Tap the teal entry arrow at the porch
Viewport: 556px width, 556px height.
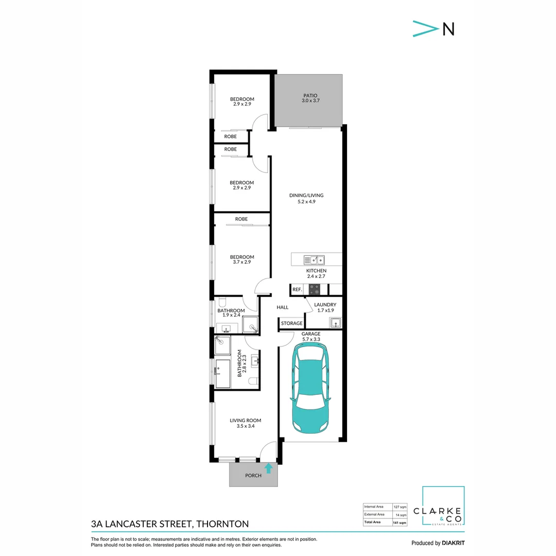pos(268,468)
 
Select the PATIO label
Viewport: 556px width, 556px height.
pos(310,95)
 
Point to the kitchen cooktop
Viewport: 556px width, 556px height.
pos(315,289)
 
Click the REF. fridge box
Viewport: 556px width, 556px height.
pos(297,290)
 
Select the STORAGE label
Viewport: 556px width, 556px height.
pos(292,323)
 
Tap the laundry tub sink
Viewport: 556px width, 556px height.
pos(335,323)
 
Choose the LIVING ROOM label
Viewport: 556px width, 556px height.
pos(245,421)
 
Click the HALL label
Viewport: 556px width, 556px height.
pos(282,307)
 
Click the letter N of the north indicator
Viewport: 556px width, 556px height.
pos(448,29)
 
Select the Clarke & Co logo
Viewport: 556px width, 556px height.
pos(443,507)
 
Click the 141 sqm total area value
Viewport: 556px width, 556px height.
pos(400,523)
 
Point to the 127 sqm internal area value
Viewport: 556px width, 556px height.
pos(400,507)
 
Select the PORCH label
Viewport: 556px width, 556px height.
pos(253,476)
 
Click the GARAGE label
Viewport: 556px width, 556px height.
pos(310,334)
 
